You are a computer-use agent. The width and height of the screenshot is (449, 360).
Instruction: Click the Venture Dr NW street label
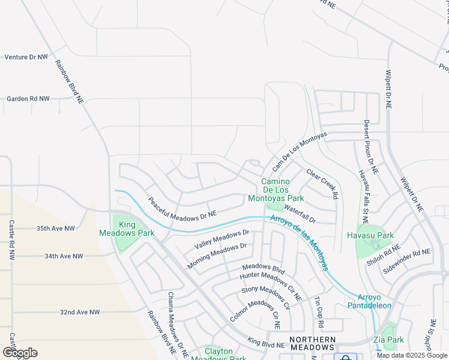[26, 58]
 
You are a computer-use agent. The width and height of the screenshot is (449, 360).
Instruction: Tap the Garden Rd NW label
[27, 98]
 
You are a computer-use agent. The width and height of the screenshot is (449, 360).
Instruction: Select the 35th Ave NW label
[55, 229]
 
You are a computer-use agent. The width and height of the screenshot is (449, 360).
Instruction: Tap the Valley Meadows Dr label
[221, 240]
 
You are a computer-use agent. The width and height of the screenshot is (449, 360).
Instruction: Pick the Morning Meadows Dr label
[217, 256]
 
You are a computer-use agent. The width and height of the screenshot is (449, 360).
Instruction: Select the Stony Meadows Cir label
[265, 298]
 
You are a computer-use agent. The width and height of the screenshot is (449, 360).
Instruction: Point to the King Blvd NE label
[266, 345]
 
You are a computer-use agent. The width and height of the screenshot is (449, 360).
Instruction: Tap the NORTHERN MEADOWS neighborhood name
[312, 344]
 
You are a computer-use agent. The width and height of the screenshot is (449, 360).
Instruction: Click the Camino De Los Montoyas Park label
[282, 190]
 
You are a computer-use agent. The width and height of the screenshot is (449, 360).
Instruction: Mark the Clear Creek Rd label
[322, 183]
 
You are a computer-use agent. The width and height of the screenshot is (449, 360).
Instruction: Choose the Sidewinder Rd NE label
[407, 262]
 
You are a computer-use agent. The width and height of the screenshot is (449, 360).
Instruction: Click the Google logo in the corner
[20, 352]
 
